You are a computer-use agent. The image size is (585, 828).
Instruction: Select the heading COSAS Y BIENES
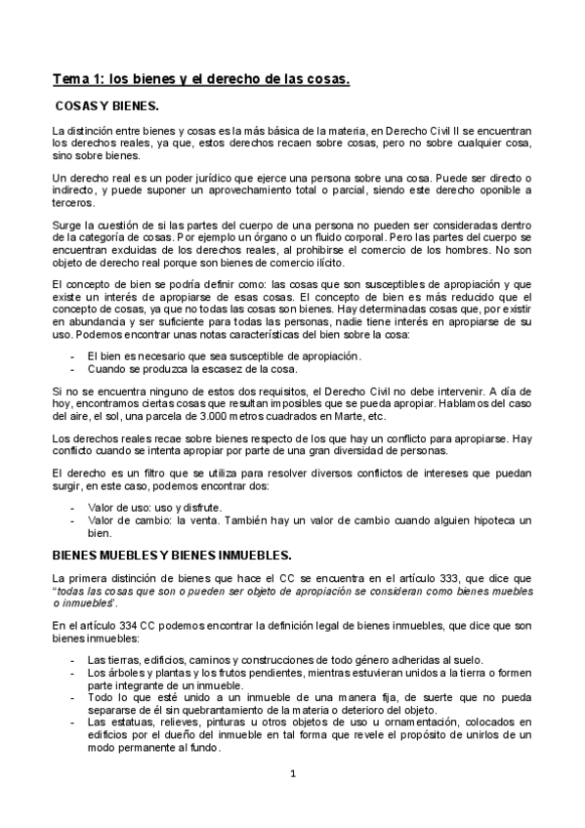[x=107, y=104]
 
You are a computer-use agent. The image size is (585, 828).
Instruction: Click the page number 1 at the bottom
[x=292, y=775]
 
